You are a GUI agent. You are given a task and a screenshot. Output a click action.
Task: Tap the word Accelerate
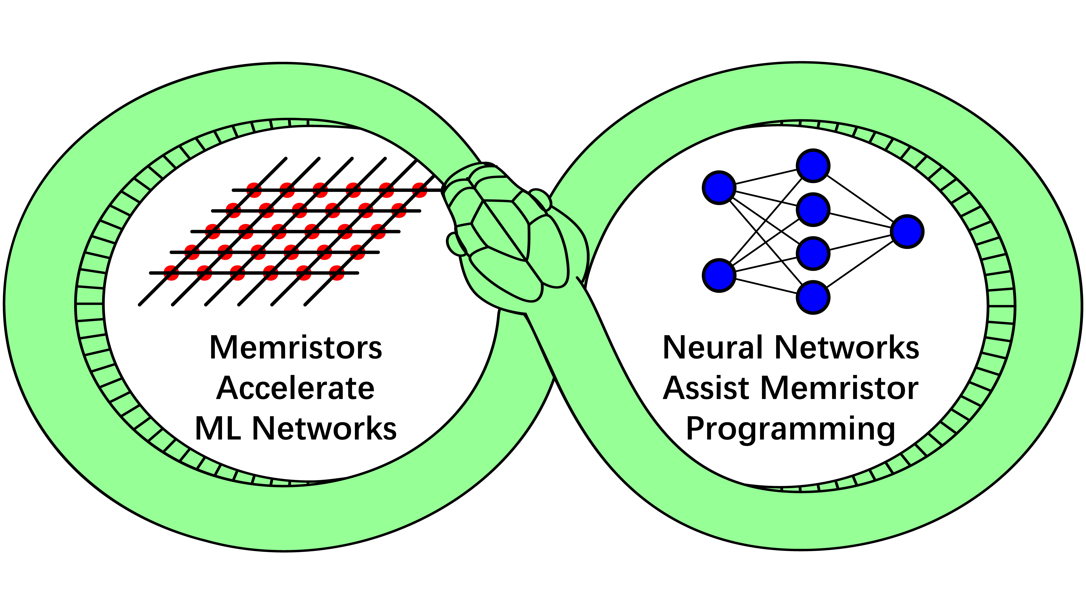click(295, 388)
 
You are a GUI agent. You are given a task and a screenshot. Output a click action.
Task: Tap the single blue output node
click(907, 232)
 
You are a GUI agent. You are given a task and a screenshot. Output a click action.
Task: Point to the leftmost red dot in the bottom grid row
click(171, 272)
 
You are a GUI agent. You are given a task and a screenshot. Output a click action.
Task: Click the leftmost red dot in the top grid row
click(254, 190)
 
